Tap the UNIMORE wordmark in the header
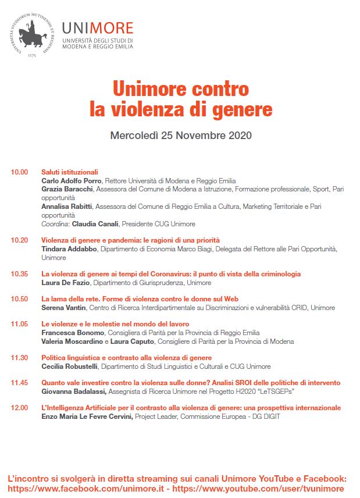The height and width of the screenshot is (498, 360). [98, 28]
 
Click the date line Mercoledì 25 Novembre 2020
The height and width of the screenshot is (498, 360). [180, 136]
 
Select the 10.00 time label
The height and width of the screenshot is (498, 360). [19, 172]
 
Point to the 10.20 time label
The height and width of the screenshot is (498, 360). [19, 240]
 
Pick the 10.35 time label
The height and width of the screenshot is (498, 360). [19, 274]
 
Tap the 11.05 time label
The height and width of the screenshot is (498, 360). [19, 324]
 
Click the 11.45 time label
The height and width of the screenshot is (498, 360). [19, 383]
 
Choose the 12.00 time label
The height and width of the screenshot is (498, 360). [19, 408]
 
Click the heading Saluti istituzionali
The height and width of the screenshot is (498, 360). [70, 172]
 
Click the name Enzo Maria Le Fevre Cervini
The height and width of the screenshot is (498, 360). [87, 417]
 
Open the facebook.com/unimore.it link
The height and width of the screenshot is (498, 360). [86, 488]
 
